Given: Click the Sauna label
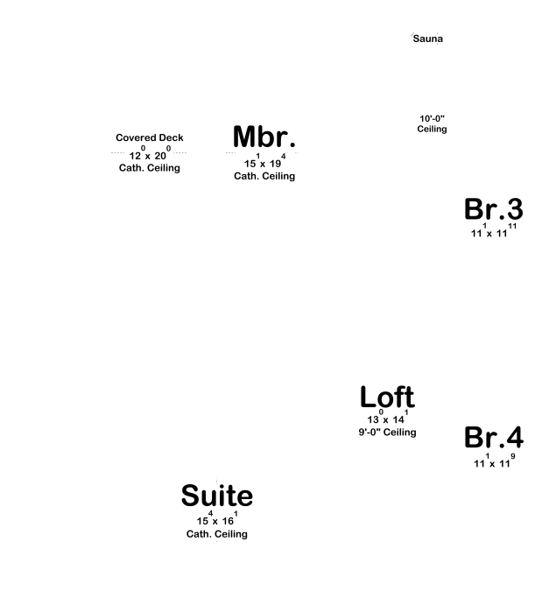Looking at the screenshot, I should [x=428, y=39].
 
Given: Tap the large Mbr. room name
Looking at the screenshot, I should [x=264, y=137].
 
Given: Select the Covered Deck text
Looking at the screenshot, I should [x=150, y=138].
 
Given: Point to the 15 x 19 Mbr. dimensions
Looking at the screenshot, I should [x=264, y=162].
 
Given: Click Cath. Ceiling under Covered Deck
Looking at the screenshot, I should [x=150, y=168].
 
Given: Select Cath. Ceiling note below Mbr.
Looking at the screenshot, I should [x=264, y=176].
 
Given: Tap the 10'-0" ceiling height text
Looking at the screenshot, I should [x=432, y=118].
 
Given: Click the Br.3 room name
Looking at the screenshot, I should [x=493, y=210].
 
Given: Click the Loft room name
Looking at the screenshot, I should [x=387, y=397].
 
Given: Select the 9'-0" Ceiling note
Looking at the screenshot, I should [x=387, y=433].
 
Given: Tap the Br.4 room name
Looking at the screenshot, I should [x=493, y=438].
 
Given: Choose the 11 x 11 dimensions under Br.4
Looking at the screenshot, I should [x=493, y=461].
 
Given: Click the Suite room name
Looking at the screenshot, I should [x=217, y=496].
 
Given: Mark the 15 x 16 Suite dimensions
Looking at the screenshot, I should [x=217, y=519].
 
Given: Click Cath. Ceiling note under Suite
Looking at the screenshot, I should [x=217, y=534].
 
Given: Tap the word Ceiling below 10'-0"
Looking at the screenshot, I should [x=432, y=130].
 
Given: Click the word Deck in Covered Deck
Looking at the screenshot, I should [x=169, y=138].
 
